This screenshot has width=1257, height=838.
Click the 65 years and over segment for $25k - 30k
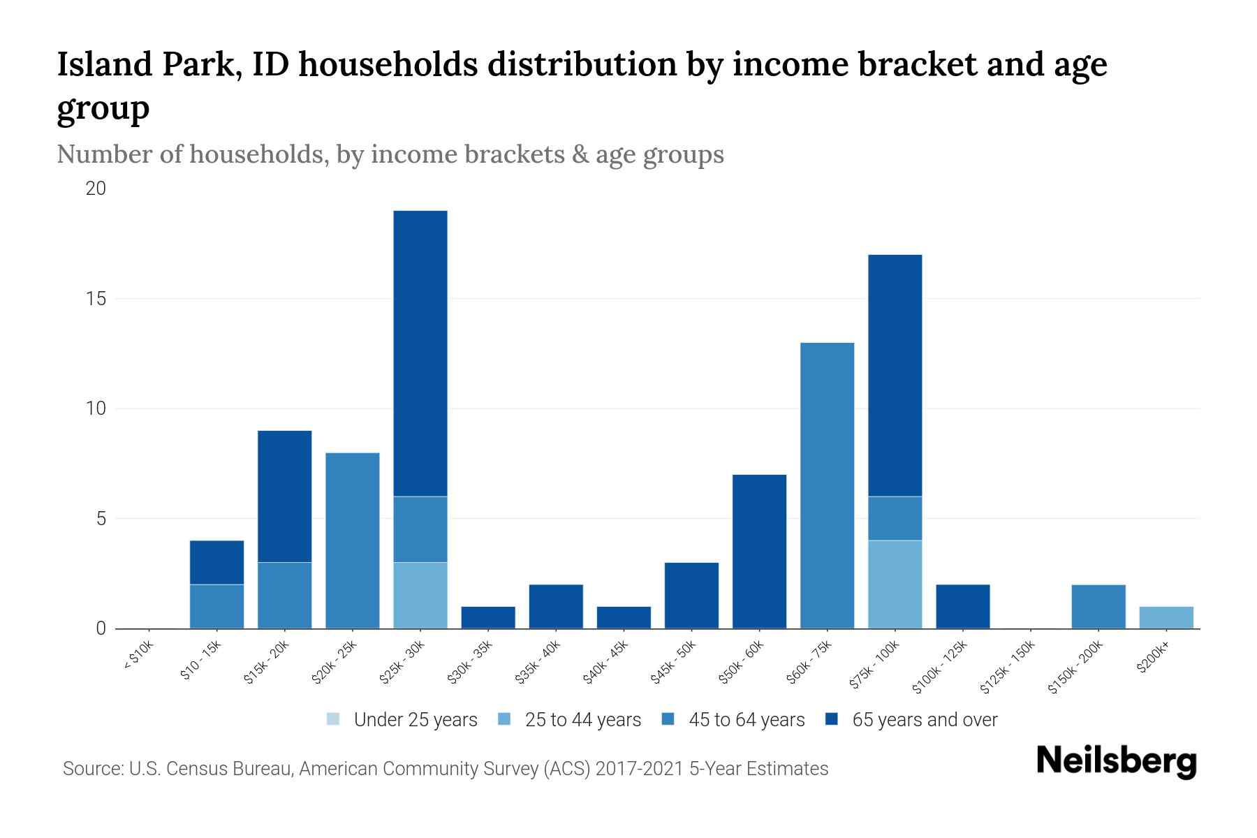420,353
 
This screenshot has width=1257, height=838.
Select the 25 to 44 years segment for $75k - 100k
895,585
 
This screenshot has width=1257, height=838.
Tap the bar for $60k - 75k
827,485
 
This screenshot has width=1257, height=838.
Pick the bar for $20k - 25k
353,541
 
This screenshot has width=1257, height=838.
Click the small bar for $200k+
1166,617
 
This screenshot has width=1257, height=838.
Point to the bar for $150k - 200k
1098,606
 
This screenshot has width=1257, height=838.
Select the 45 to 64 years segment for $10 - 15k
217,606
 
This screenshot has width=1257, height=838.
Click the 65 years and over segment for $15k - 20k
285,497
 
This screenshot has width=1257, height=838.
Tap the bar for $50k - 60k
759,552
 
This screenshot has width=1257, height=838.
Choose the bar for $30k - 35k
488,617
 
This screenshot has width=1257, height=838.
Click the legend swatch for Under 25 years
334,719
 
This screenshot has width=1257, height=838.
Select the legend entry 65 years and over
924,720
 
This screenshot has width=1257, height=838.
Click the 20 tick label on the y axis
96,189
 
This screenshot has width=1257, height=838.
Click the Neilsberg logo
1116,761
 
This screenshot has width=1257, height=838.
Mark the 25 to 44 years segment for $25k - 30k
420,595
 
